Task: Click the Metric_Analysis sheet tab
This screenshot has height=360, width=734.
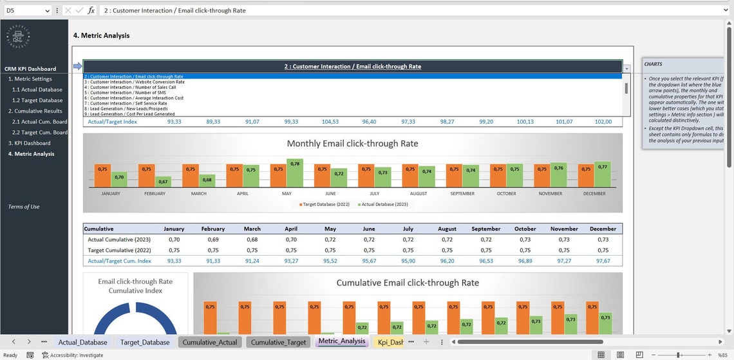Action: [341, 341]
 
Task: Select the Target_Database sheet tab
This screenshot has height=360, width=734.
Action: [145, 342]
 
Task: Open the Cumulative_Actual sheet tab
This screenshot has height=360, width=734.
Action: [210, 342]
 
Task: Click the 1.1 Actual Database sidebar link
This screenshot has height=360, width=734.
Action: [37, 90]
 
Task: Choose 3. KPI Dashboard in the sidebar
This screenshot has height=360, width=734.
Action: [29, 143]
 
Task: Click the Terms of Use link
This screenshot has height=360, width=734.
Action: [24, 207]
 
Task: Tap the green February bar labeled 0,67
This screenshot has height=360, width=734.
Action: [163, 182]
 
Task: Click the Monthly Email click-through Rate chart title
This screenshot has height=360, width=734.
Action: [352, 144]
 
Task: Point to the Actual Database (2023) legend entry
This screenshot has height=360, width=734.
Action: [384, 204]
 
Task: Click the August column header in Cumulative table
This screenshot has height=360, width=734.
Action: [447, 229]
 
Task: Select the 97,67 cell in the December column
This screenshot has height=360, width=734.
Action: [603, 261]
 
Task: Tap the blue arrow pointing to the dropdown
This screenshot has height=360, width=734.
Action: [77, 66]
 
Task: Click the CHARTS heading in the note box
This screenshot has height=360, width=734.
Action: [653, 64]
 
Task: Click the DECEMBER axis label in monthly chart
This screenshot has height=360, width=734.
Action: [594, 194]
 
